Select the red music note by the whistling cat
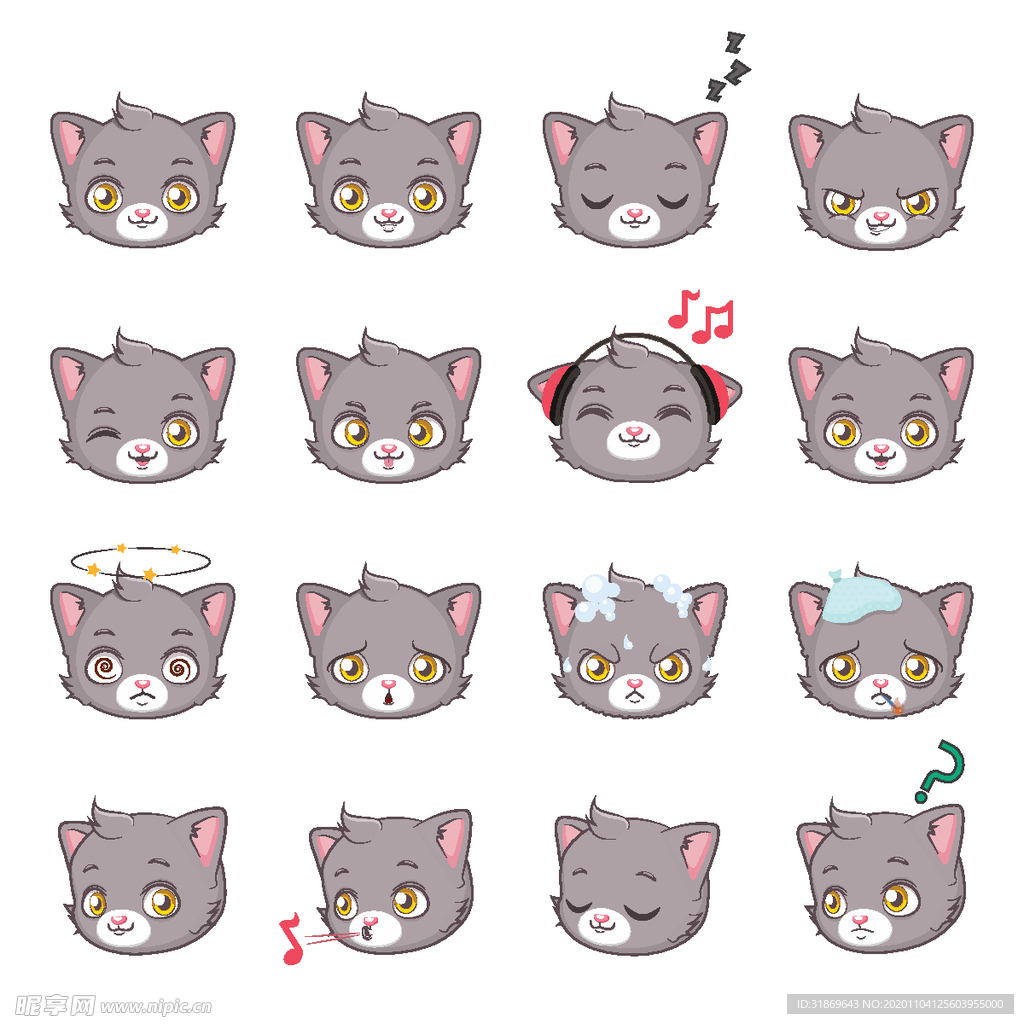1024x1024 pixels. (x=292, y=940)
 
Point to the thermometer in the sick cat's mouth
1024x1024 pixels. (x=894, y=706)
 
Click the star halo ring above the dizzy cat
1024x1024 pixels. (x=140, y=561)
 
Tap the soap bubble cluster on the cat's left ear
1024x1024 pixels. (x=596, y=598)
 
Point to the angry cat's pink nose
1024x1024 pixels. (x=880, y=215)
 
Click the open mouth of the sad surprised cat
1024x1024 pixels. (x=387, y=695)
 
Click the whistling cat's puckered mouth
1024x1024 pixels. (x=367, y=933)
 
